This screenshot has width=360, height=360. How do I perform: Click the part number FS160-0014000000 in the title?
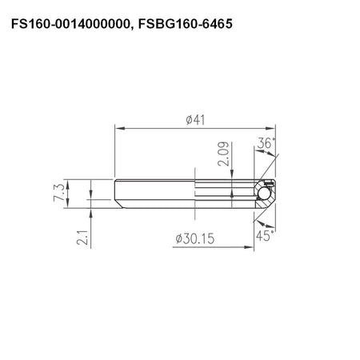(69, 24)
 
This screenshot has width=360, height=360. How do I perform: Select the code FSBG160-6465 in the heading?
(186, 24)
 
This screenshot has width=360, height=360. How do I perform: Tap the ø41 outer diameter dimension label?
(196, 120)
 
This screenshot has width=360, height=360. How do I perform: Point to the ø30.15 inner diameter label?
(195, 238)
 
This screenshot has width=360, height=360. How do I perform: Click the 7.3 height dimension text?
(59, 192)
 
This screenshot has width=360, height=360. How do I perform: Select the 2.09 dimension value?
(223, 154)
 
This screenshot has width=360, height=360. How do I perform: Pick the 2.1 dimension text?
(82, 238)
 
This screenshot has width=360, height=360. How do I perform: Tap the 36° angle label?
(266, 143)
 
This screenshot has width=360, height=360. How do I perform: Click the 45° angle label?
(265, 236)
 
